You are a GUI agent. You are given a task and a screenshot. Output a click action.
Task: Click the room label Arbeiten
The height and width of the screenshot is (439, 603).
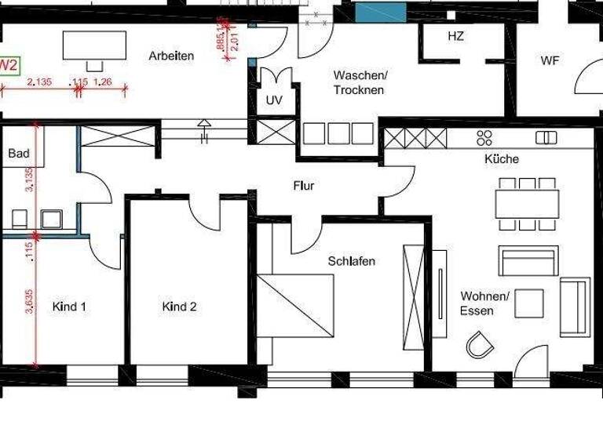[171, 56]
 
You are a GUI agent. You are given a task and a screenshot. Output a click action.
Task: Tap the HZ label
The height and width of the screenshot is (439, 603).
[455, 36]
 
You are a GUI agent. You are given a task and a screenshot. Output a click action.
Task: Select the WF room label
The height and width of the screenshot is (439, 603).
[550, 60]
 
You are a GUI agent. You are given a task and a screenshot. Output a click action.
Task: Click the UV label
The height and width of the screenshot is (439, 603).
[273, 100]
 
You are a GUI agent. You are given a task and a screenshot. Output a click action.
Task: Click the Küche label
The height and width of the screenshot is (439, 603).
[502, 159]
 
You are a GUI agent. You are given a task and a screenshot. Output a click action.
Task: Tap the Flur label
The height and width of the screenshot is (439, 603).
[304, 186]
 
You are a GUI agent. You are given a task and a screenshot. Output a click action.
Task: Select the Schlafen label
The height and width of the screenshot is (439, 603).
[351, 261]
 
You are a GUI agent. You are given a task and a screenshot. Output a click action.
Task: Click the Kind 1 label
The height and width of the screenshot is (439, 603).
[69, 307]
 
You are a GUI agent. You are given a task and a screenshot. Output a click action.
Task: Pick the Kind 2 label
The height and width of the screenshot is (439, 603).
[179, 307]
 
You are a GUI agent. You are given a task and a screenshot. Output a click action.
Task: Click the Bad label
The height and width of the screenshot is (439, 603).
[19, 154]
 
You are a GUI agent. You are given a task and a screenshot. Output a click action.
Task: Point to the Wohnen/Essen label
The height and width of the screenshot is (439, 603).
[485, 303]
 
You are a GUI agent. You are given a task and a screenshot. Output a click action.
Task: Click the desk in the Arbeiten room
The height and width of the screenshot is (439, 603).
[94, 45]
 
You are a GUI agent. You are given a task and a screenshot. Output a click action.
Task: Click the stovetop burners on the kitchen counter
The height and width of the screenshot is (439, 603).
[484, 138]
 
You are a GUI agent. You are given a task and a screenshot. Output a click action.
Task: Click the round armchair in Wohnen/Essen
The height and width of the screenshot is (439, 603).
[478, 343]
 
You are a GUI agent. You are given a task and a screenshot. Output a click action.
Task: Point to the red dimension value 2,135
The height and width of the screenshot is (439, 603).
[39, 82]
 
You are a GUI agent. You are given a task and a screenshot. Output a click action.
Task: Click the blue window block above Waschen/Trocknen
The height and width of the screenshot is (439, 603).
[379, 12]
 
